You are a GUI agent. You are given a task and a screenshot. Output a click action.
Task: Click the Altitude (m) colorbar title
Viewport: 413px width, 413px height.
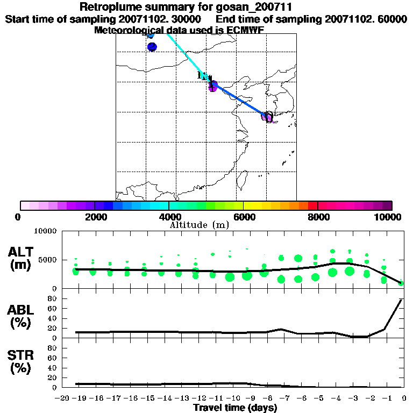pos(199,225)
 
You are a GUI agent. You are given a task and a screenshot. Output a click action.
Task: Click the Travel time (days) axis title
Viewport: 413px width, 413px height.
pos(235,408)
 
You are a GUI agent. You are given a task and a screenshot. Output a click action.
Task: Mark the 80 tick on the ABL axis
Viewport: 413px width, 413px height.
pos(53,308)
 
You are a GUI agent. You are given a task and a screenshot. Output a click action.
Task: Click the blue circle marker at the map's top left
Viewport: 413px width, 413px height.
pos(152,47)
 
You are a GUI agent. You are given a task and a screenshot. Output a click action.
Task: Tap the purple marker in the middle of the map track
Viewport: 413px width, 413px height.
pos(213,86)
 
